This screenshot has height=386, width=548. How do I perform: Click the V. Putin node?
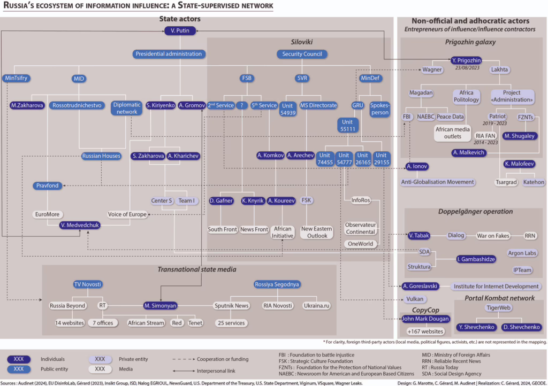179,32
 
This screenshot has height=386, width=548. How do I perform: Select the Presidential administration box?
169,54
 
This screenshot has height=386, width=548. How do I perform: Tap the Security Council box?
302,54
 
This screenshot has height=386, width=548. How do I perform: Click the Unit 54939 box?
290,109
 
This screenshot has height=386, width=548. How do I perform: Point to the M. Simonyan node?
160,306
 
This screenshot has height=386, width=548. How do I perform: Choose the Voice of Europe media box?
127,214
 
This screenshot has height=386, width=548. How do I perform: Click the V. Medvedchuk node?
80,225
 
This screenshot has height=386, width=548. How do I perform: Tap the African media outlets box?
452,133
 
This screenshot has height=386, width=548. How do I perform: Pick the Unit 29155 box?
382,159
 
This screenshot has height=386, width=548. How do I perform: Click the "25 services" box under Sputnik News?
231,323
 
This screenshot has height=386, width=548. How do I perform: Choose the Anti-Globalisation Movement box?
438,182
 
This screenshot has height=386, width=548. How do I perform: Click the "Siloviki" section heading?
301,42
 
